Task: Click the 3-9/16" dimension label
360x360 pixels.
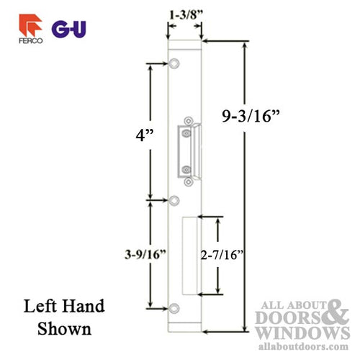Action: click(x=145, y=253)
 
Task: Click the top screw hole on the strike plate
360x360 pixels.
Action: click(x=174, y=66)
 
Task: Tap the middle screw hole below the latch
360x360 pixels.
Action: click(x=174, y=201)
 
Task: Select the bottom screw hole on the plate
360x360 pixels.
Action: click(x=174, y=309)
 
